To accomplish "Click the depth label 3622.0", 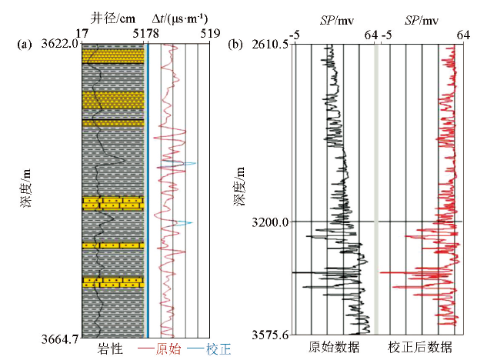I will [58, 44].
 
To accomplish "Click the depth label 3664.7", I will [58, 336].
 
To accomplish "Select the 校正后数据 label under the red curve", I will [420, 348].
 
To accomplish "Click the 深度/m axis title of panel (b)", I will [241, 184].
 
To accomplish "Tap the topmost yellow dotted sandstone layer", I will [114, 57].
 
